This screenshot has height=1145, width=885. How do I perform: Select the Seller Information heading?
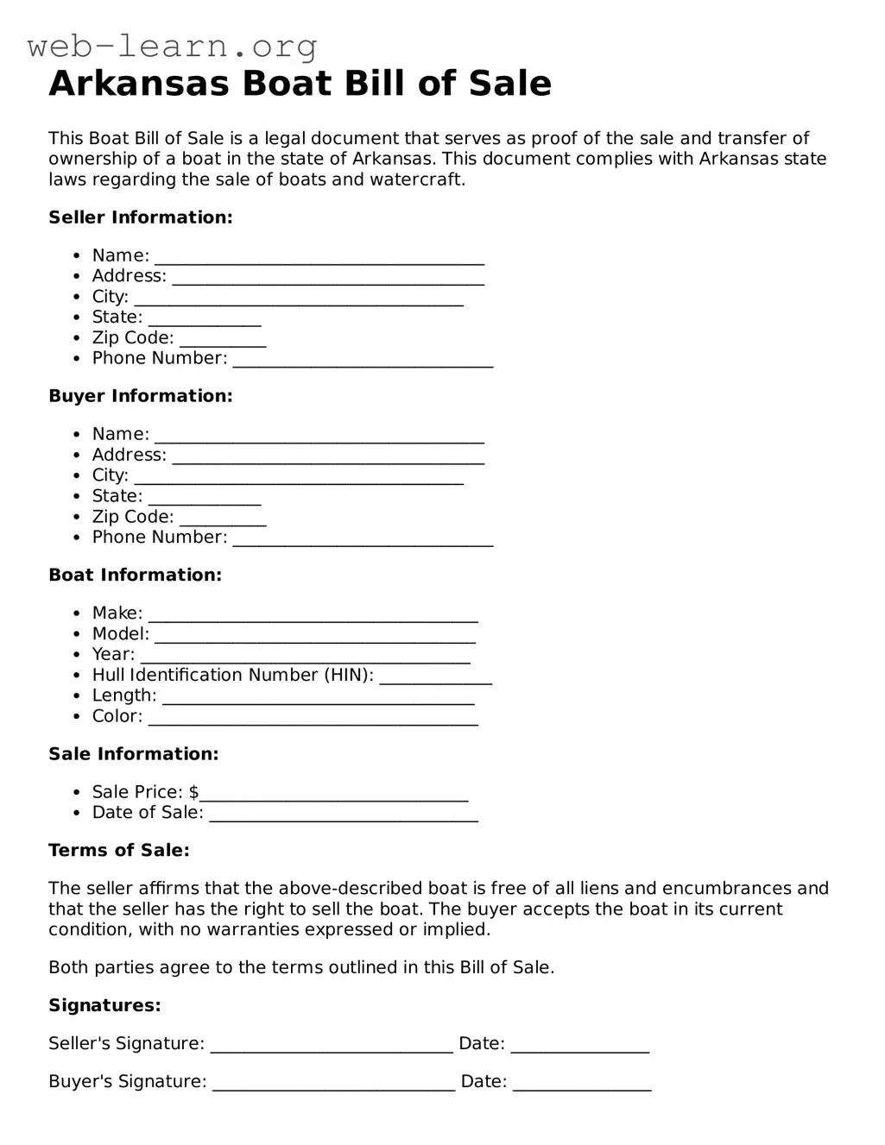point(141,217)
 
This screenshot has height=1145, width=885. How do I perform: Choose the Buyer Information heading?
point(141,396)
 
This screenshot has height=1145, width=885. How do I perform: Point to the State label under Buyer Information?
point(117,496)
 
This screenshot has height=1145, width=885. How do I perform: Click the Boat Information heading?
point(135,575)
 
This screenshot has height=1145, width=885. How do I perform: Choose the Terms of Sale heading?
point(119,850)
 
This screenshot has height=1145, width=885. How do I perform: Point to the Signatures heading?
point(104,1005)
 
